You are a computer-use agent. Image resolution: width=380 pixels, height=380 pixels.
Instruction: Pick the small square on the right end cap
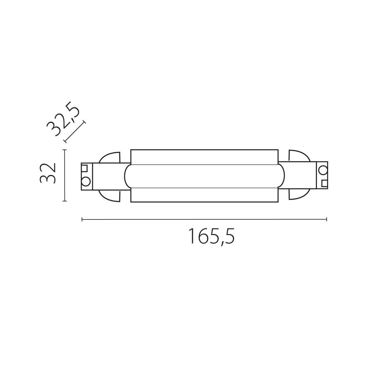click(324, 183)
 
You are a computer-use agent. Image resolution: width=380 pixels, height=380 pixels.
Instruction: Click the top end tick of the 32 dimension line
click(65, 150)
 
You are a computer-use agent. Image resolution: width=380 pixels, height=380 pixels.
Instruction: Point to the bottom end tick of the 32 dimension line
click(65, 201)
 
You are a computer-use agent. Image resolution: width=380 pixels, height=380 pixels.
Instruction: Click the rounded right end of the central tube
click(281, 176)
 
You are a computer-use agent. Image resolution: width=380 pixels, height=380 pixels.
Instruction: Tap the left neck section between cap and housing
click(108, 176)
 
